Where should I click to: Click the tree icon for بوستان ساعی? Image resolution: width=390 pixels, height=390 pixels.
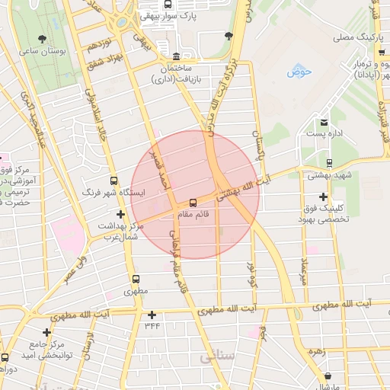[41, 38]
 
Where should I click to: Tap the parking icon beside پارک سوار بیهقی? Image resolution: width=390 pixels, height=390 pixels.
[147, 14]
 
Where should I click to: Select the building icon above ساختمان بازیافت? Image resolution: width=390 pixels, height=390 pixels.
[177, 56]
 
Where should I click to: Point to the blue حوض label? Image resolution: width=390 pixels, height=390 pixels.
[299, 72]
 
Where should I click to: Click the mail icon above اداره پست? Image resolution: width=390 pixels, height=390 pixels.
[324, 122]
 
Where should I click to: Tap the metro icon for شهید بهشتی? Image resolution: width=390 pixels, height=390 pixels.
[328, 162]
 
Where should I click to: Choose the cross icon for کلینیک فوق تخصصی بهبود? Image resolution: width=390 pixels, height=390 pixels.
[323, 197]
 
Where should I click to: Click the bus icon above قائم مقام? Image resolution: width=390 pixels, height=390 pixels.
[192, 203]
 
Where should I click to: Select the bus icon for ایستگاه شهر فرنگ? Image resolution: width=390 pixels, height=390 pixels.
[113, 181]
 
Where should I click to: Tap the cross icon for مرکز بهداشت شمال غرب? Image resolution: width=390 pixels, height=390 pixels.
[120, 214]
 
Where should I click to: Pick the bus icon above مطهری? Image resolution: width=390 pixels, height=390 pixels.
[136, 279]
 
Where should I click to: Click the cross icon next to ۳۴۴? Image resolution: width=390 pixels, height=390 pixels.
[152, 315]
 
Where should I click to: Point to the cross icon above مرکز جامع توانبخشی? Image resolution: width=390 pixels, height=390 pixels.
[47, 332]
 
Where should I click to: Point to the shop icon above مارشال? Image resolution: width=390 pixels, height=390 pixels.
[328, 376]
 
